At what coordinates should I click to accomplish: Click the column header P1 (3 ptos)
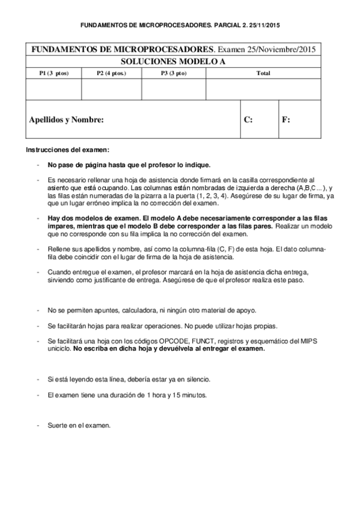[x=54, y=73]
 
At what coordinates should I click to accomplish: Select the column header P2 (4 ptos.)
[x=111, y=73]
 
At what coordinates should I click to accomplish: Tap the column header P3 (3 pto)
[x=173, y=73]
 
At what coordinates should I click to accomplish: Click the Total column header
[x=263, y=73]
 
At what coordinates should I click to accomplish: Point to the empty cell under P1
[x=54, y=89]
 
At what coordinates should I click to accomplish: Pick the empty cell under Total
[x=263, y=89]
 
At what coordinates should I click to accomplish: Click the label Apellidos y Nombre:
[x=66, y=120]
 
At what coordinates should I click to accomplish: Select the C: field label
[x=248, y=120]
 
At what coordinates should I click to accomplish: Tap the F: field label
[x=286, y=120]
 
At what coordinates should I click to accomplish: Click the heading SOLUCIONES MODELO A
[x=174, y=61]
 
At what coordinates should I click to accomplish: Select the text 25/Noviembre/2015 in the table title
[x=286, y=49]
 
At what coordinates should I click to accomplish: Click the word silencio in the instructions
[x=198, y=379]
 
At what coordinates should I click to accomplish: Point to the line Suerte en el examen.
[x=79, y=425]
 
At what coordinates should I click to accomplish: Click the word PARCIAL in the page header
[x=213, y=26]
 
